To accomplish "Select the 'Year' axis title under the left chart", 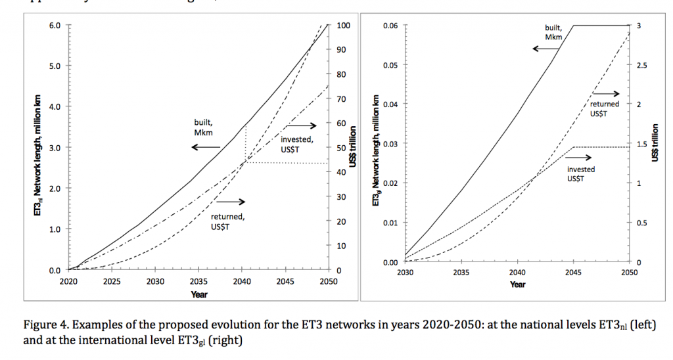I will tap(199, 294).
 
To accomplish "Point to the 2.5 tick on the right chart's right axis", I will tap(643, 65).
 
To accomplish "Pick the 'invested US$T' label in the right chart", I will tap(580, 174).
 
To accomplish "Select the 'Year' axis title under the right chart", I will tap(517, 284).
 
